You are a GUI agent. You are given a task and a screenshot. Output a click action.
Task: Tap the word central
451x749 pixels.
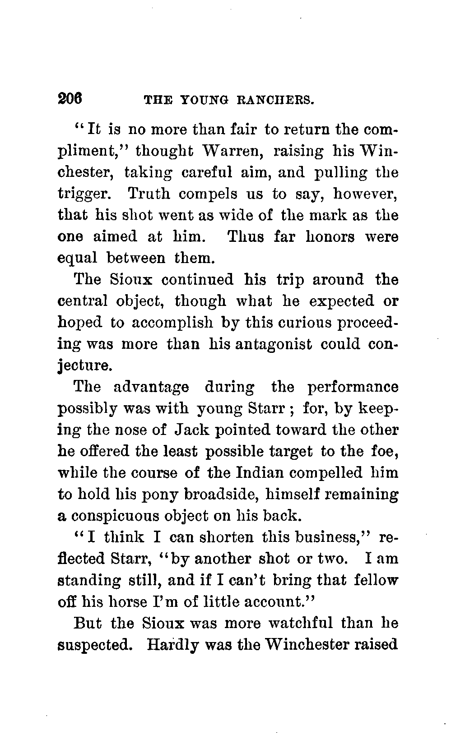83,301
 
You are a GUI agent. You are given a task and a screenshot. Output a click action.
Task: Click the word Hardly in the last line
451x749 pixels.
172,645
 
